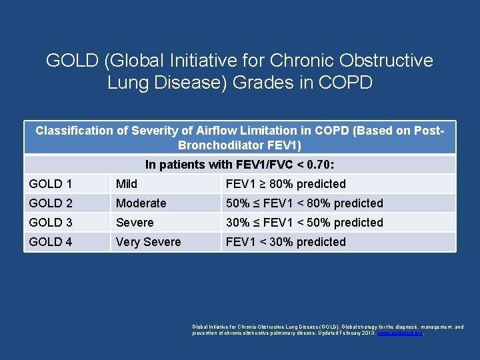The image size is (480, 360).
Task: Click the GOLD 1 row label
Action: pos(51,184)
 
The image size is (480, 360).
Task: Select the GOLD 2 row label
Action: pos(51,203)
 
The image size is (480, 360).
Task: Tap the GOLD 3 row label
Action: pos(51,223)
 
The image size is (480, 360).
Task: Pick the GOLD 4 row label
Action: pos(51,242)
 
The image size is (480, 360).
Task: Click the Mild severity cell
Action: pos(127,184)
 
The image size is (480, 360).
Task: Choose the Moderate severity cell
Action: pos(141,203)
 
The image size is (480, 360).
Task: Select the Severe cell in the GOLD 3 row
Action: pos(135,223)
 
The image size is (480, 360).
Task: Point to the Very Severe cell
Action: pos(148,242)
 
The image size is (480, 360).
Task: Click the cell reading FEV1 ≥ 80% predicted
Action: pos(286,184)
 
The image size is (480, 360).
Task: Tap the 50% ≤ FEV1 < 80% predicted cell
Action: pos(305,203)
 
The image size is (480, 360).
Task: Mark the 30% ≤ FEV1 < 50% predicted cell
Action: pos(305,223)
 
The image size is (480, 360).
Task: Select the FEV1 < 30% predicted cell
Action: pos(286,242)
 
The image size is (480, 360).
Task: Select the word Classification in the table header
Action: pos(74,131)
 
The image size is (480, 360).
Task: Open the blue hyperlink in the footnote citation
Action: pos(399,332)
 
